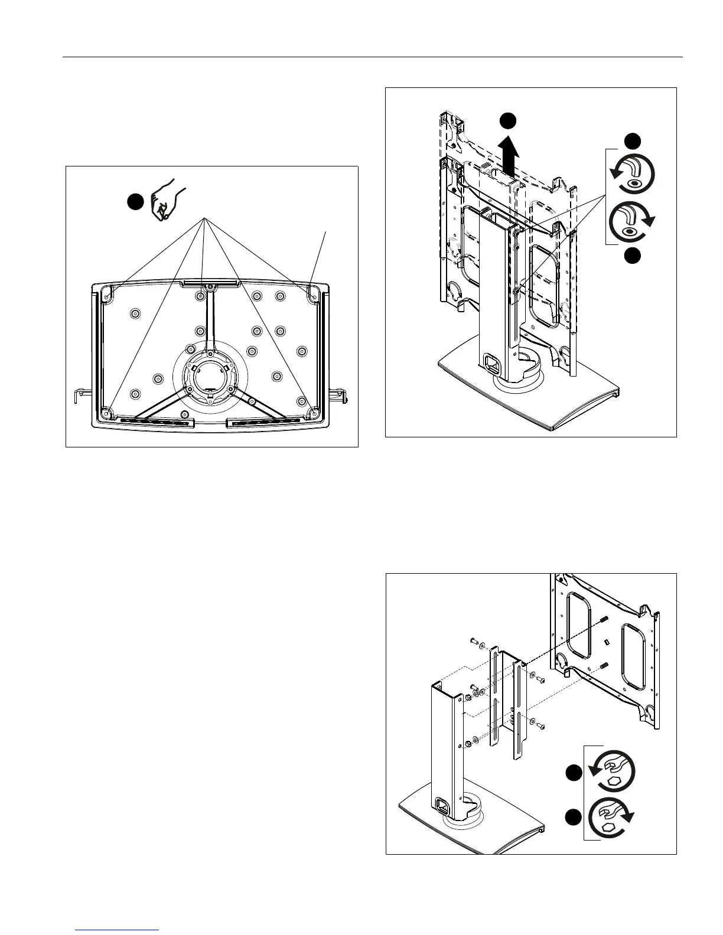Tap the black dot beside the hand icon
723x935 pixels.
135,201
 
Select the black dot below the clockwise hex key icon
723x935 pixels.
633,256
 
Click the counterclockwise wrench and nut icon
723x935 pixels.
614,771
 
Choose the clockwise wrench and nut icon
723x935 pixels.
614,817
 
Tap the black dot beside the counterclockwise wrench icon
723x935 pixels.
572,772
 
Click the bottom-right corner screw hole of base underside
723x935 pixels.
314,408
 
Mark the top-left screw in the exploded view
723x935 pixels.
474,640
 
